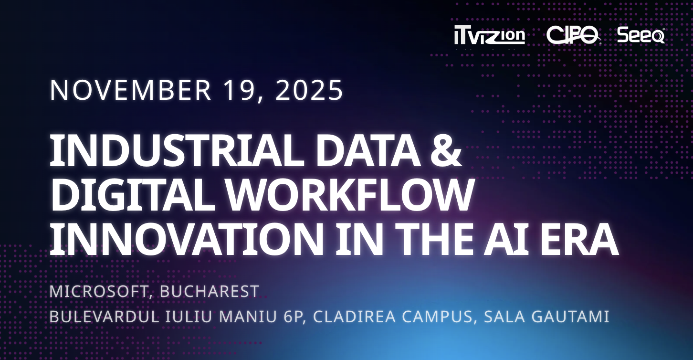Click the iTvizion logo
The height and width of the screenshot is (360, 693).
[489, 36]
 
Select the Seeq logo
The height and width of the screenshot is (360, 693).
[640, 35]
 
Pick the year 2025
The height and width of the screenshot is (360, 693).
[309, 90]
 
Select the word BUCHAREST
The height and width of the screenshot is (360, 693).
[210, 291]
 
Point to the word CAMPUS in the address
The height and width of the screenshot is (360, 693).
[441, 317]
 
